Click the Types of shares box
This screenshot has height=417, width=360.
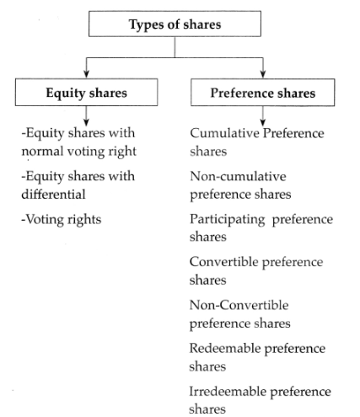coord(175,24)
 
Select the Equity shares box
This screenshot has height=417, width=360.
coord(86,92)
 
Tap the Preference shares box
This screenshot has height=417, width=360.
coord(263,93)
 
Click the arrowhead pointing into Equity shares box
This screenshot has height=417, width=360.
coord(87,74)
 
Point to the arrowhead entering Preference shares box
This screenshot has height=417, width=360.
coord(263,74)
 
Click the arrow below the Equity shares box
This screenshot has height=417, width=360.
coord(87,115)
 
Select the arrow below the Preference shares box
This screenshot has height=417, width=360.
coord(263,116)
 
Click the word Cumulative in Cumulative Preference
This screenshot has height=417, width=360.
coord(224,133)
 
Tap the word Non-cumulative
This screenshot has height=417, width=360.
coord(238,176)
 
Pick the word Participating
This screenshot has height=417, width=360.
coord(228,220)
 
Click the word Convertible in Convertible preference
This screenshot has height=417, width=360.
coord(224,262)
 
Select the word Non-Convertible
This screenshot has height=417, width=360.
coord(239,305)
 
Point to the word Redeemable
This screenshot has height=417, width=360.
coord(225,348)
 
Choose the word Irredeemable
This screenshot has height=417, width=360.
coord(228,391)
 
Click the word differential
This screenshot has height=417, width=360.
coord(53,194)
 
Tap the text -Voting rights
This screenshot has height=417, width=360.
coord(62,220)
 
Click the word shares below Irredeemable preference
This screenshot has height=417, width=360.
coord(207,409)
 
